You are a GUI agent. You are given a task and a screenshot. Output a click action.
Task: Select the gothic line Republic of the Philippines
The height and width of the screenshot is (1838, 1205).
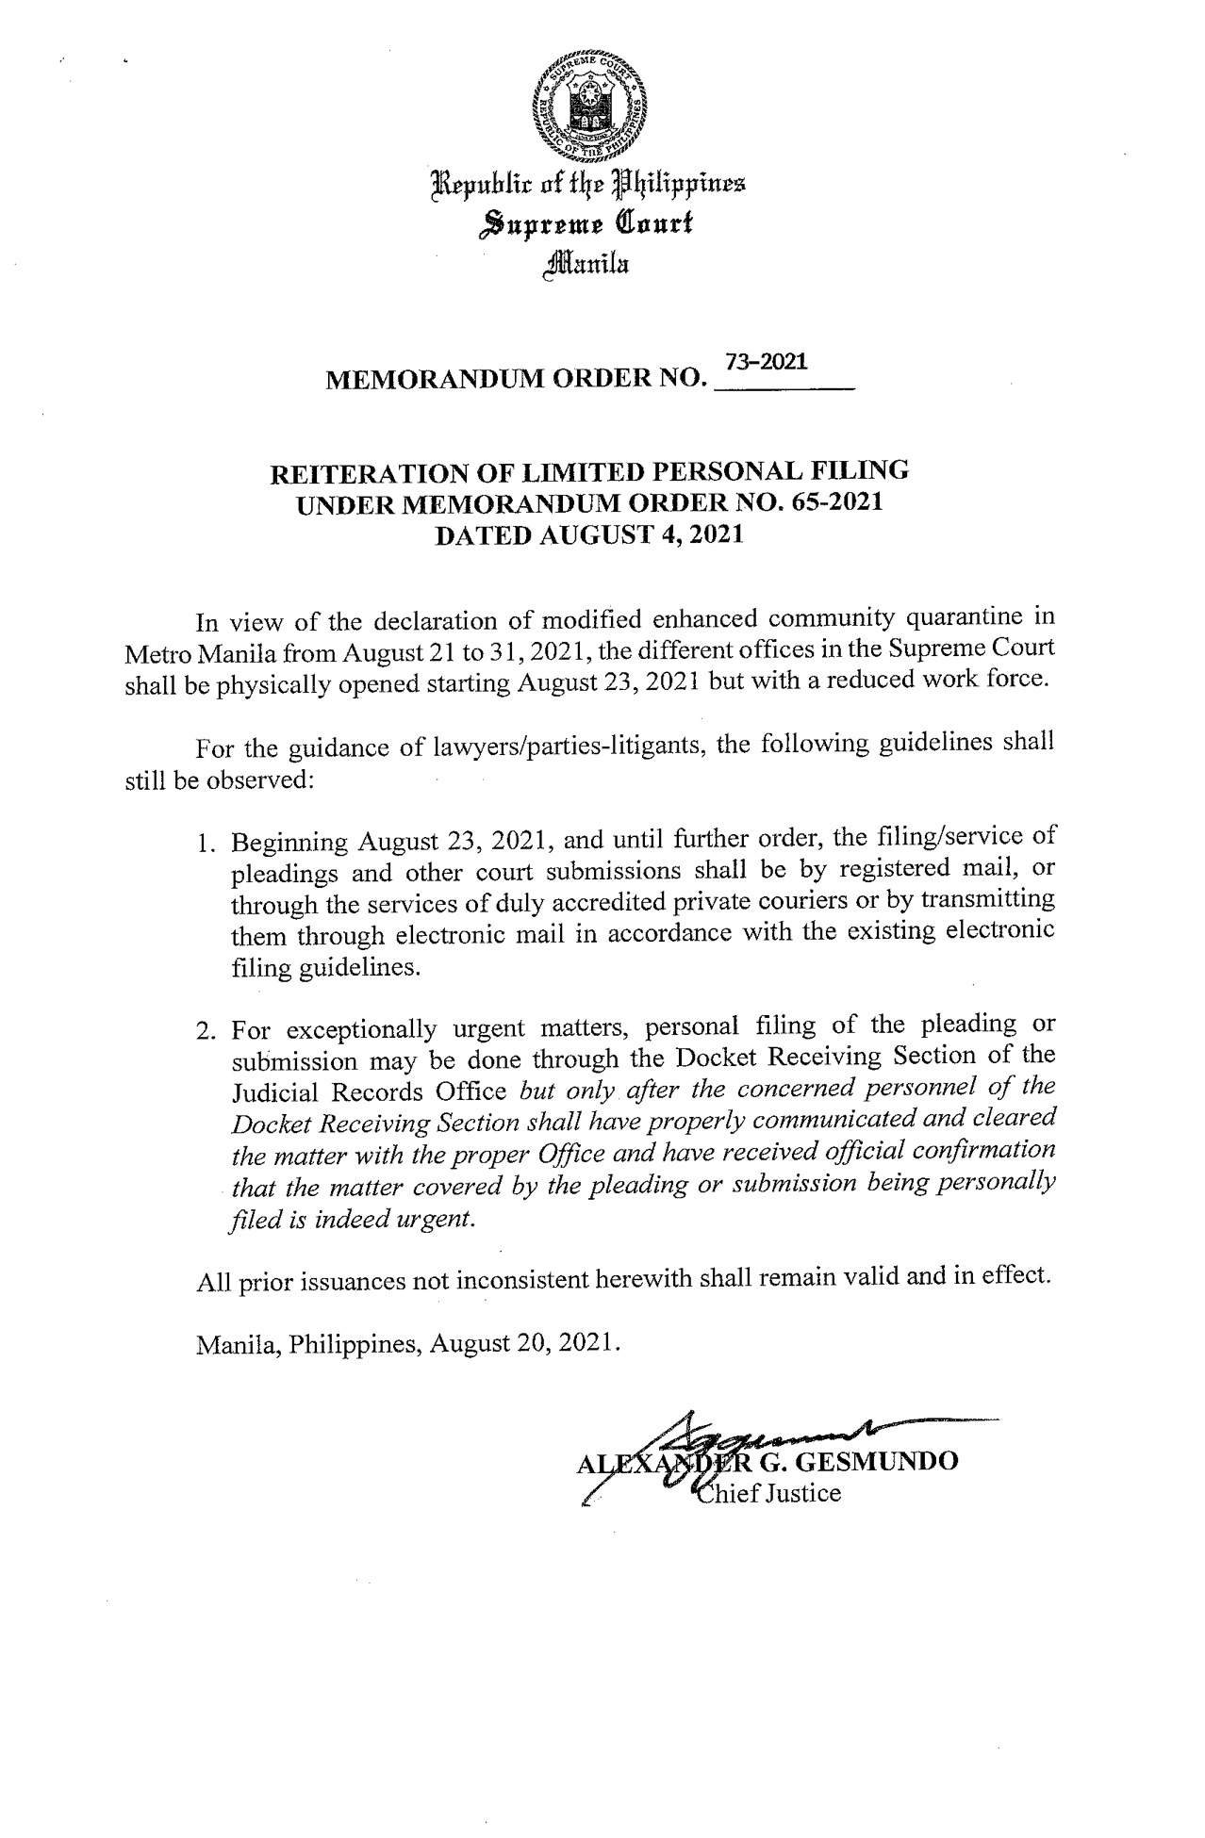588,184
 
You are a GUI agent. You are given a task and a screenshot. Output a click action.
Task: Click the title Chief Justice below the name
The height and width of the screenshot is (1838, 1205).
766,1494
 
